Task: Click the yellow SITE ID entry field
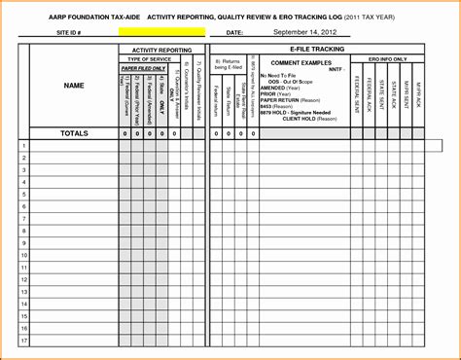click(161, 32)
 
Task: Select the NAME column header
click(74, 87)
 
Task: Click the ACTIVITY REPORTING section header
click(161, 49)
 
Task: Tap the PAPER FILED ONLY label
click(142, 68)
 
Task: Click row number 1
click(22, 146)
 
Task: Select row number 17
click(22, 342)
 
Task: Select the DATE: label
click(233, 32)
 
